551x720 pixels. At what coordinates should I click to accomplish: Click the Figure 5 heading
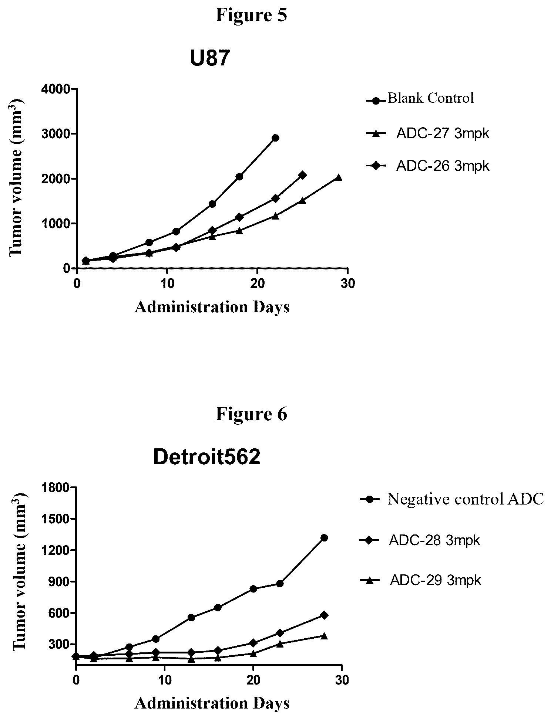[x=251, y=16]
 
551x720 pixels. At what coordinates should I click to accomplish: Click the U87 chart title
[x=209, y=58]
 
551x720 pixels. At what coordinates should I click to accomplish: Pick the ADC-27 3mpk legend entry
[x=427, y=133]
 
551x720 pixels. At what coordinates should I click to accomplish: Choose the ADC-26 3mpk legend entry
[x=427, y=166]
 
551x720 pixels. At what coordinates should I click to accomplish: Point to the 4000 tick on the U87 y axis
[x=57, y=89]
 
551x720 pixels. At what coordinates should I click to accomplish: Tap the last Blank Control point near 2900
[x=275, y=138]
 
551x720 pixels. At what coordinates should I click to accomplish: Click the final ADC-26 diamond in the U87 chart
[x=302, y=175]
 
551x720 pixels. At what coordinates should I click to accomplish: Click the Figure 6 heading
[x=251, y=414]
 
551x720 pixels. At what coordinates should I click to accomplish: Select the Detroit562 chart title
[x=206, y=457]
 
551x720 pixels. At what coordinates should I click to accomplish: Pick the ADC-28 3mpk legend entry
[x=420, y=540]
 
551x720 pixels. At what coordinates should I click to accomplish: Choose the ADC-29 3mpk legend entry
[x=420, y=580]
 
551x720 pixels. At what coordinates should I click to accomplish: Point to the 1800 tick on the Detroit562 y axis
[x=57, y=488]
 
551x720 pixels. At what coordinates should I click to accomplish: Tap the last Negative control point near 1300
[x=324, y=538]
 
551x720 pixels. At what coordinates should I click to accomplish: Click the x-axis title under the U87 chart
[x=212, y=307]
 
